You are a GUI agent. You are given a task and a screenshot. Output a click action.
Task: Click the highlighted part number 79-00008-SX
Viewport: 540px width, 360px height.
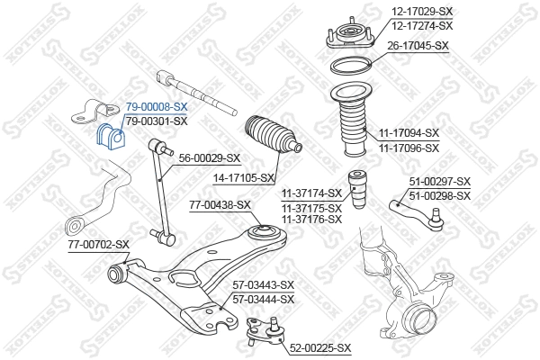pyautogui.click(x=156, y=107)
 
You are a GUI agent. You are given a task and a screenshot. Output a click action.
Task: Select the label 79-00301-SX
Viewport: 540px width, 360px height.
pyautogui.click(x=156, y=121)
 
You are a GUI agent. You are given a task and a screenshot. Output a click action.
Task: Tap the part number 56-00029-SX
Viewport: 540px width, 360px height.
pyautogui.click(x=210, y=157)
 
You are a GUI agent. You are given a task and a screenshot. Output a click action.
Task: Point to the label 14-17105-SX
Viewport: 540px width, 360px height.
pyautogui.click(x=244, y=178)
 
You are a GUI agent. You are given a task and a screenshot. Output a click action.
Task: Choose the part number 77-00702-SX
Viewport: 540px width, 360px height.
pyautogui.click(x=98, y=244)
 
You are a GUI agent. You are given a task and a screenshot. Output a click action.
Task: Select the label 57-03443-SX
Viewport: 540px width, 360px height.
pyautogui.click(x=264, y=285)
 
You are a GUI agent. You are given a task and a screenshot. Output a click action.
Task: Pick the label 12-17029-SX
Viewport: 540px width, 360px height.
pyautogui.click(x=421, y=12)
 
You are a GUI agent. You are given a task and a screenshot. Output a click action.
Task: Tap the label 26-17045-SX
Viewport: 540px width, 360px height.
pyautogui.click(x=418, y=44)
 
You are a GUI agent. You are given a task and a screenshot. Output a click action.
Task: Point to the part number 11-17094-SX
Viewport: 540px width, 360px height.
pyautogui.click(x=409, y=133)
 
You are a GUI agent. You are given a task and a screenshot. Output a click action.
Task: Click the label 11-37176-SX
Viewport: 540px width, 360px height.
pyautogui.click(x=311, y=219)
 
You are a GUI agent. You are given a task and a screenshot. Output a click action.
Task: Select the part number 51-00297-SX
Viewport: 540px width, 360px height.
pyautogui.click(x=440, y=182)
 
